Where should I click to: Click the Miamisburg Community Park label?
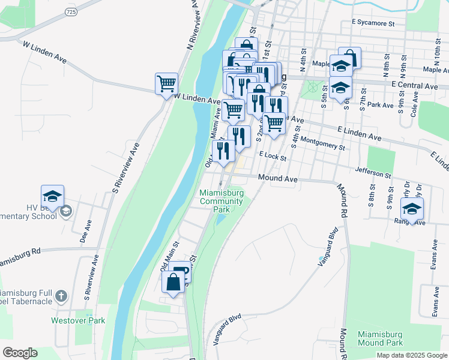pyautogui.click(x=221, y=202)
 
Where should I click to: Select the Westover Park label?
pyautogui.click(x=78, y=320)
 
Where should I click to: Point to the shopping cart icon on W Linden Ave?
pyautogui.click(x=166, y=83)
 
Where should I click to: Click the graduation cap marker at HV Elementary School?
pyautogui.click(x=52, y=196)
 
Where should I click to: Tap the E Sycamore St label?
pyautogui.click(x=373, y=23)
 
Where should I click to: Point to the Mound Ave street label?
pyautogui.click(x=278, y=178)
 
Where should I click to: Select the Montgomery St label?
pyautogui.click(x=324, y=143)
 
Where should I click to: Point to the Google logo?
pyautogui.click(x=20, y=353)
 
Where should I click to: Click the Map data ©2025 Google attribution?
pyautogui.click(x=412, y=355)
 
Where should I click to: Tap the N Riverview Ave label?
pyautogui.click(x=193, y=27)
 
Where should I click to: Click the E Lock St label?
pyautogui.click(x=273, y=155)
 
